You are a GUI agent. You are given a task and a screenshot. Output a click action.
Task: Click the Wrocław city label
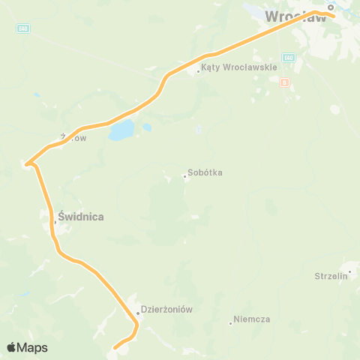click(x=297, y=16)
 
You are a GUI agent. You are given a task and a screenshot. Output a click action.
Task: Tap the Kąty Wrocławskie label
click(x=239, y=67)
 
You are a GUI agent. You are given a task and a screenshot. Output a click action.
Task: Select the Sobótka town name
click(x=205, y=172)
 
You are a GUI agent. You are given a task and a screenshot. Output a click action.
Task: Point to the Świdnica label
click(x=80, y=217)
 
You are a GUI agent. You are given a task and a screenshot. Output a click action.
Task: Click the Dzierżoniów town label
click(x=168, y=310)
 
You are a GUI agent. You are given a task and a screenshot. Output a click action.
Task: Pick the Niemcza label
click(x=252, y=319)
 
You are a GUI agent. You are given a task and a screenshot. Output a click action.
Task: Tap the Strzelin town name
click(x=330, y=276)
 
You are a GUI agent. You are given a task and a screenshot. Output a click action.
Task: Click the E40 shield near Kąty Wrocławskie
click(x=289, y=58)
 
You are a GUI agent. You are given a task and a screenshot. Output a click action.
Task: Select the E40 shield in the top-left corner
click(x=23, y=28)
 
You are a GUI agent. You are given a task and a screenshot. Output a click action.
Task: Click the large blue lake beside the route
click(x=121, y=132)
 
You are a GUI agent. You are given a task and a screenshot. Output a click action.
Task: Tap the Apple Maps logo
click(x=27, y=347)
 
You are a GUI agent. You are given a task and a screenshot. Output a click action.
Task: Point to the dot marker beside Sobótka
click(x=184, y=177)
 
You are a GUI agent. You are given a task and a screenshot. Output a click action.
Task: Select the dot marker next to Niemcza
click(x=230, y=323)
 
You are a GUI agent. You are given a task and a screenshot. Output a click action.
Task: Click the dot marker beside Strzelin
click(x=349, y=271)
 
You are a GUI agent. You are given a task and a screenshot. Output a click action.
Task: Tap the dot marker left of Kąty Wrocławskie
click(x=198, y=72)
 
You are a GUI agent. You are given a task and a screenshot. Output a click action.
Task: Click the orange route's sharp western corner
click(x=26, y=164)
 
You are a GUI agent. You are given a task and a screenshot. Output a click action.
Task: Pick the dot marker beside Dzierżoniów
click(x=138, y=313)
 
